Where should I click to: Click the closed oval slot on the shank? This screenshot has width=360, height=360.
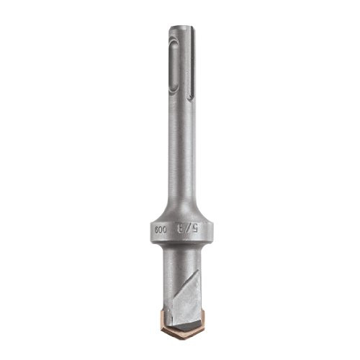(x=174, y=66)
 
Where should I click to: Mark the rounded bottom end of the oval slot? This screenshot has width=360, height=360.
(x=174, y=90)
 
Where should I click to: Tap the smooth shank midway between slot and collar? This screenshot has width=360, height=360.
(x=181, y=151)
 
